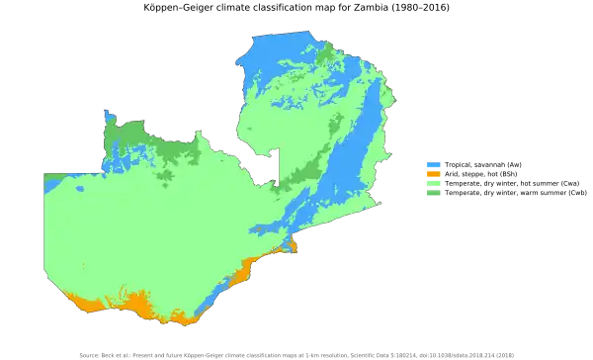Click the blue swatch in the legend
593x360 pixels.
pos(430,163)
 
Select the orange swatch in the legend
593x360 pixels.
pos(430,173)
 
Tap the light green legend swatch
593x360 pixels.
pos(430,182)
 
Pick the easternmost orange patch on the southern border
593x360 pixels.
pos(292,246)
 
